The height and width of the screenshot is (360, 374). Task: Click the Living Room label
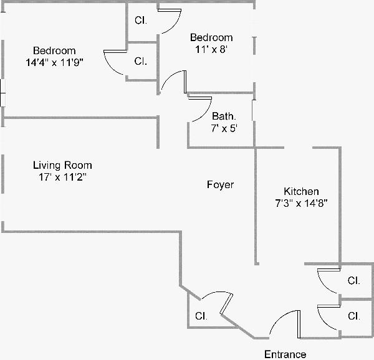[x=62, y=165]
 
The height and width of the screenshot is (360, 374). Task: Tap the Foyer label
[x=221, y=185]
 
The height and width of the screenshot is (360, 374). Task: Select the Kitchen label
[x=302, y=191]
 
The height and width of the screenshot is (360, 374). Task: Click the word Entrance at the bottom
[x=285, y=354]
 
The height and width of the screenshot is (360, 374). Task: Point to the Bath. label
[x=224, y=116]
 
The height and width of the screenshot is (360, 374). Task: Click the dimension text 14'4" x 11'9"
[x=55, y=62]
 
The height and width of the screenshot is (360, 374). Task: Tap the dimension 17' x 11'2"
[x=62, y=177]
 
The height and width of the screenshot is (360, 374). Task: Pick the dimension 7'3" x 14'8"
[x=302, y=203]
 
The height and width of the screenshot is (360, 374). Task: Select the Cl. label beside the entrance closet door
[x=201, y=316]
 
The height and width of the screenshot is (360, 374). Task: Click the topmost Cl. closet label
[x=141, y=20]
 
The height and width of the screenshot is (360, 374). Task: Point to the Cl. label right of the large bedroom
[x=141, y=61]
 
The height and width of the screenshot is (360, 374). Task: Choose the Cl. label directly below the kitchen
[x=353, y=280]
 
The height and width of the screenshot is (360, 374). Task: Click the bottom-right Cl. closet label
[x=353, y=316]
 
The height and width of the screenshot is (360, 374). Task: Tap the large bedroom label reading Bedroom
[x=55, y=50]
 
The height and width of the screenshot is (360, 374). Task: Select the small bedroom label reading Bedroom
[x=212, y=37]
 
